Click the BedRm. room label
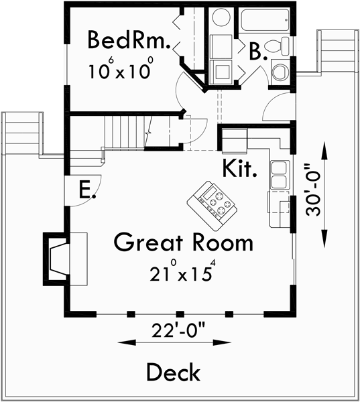[x=129, y=41]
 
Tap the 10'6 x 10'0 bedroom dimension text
[x=121, y=69]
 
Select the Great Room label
[x=183, y=242]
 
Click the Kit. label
[x=241, y=167]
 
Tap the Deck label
[x=173, y=371]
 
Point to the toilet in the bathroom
[x=277, y=46]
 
